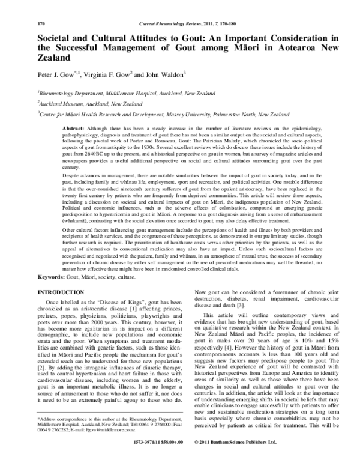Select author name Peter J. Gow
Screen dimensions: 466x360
click(55, 76)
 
